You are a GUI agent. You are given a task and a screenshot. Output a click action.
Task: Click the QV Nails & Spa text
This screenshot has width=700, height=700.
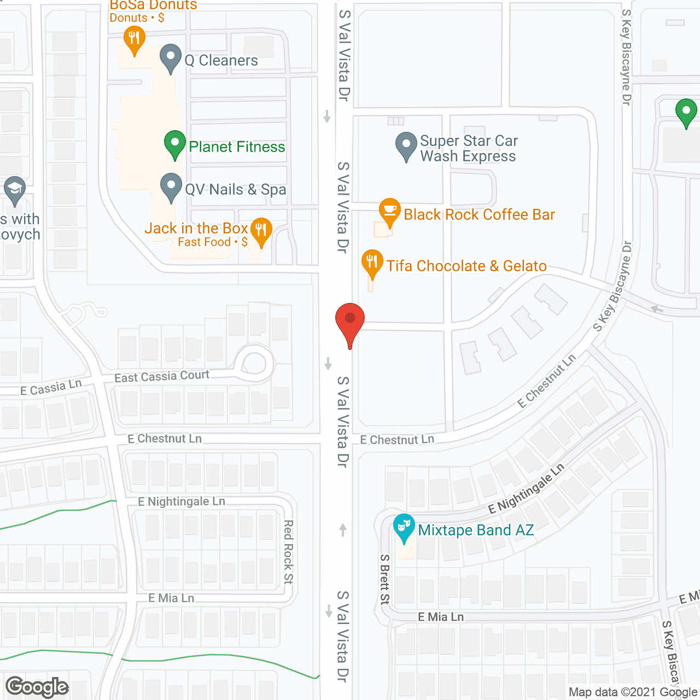(235, 189)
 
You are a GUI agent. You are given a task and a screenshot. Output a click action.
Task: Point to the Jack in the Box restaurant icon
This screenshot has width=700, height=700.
(261, 230)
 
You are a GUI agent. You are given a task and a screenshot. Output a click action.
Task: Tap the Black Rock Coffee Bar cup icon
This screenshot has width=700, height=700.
(389, 211)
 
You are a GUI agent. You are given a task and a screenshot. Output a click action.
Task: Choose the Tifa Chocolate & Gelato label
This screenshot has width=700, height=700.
(466, 266)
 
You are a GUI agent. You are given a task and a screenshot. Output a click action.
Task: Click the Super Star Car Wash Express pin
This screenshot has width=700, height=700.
(406, 145)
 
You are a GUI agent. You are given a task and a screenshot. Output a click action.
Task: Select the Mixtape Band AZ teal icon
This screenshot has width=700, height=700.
(404, 527)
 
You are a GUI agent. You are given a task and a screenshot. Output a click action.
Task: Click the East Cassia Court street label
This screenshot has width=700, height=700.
(161, 376)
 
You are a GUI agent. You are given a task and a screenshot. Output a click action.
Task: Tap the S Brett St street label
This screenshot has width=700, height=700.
(385, 579)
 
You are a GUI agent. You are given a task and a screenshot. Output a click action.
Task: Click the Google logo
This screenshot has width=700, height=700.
(37, 687)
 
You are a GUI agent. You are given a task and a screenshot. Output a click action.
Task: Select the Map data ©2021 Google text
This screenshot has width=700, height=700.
(633, 692)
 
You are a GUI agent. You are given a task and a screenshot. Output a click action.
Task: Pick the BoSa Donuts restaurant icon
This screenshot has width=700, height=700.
(134, 39)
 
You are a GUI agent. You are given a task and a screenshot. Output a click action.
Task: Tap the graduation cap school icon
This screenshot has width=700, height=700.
(15, 189)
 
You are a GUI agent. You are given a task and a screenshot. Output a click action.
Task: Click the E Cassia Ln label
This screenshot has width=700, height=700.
(51, 387)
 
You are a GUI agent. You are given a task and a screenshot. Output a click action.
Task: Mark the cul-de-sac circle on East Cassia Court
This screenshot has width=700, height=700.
(254, 363)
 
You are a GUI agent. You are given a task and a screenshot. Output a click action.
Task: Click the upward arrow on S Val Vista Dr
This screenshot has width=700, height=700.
(343, 529)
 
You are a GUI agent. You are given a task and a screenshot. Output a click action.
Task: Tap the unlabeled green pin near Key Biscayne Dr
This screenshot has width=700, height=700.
(686, 112)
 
